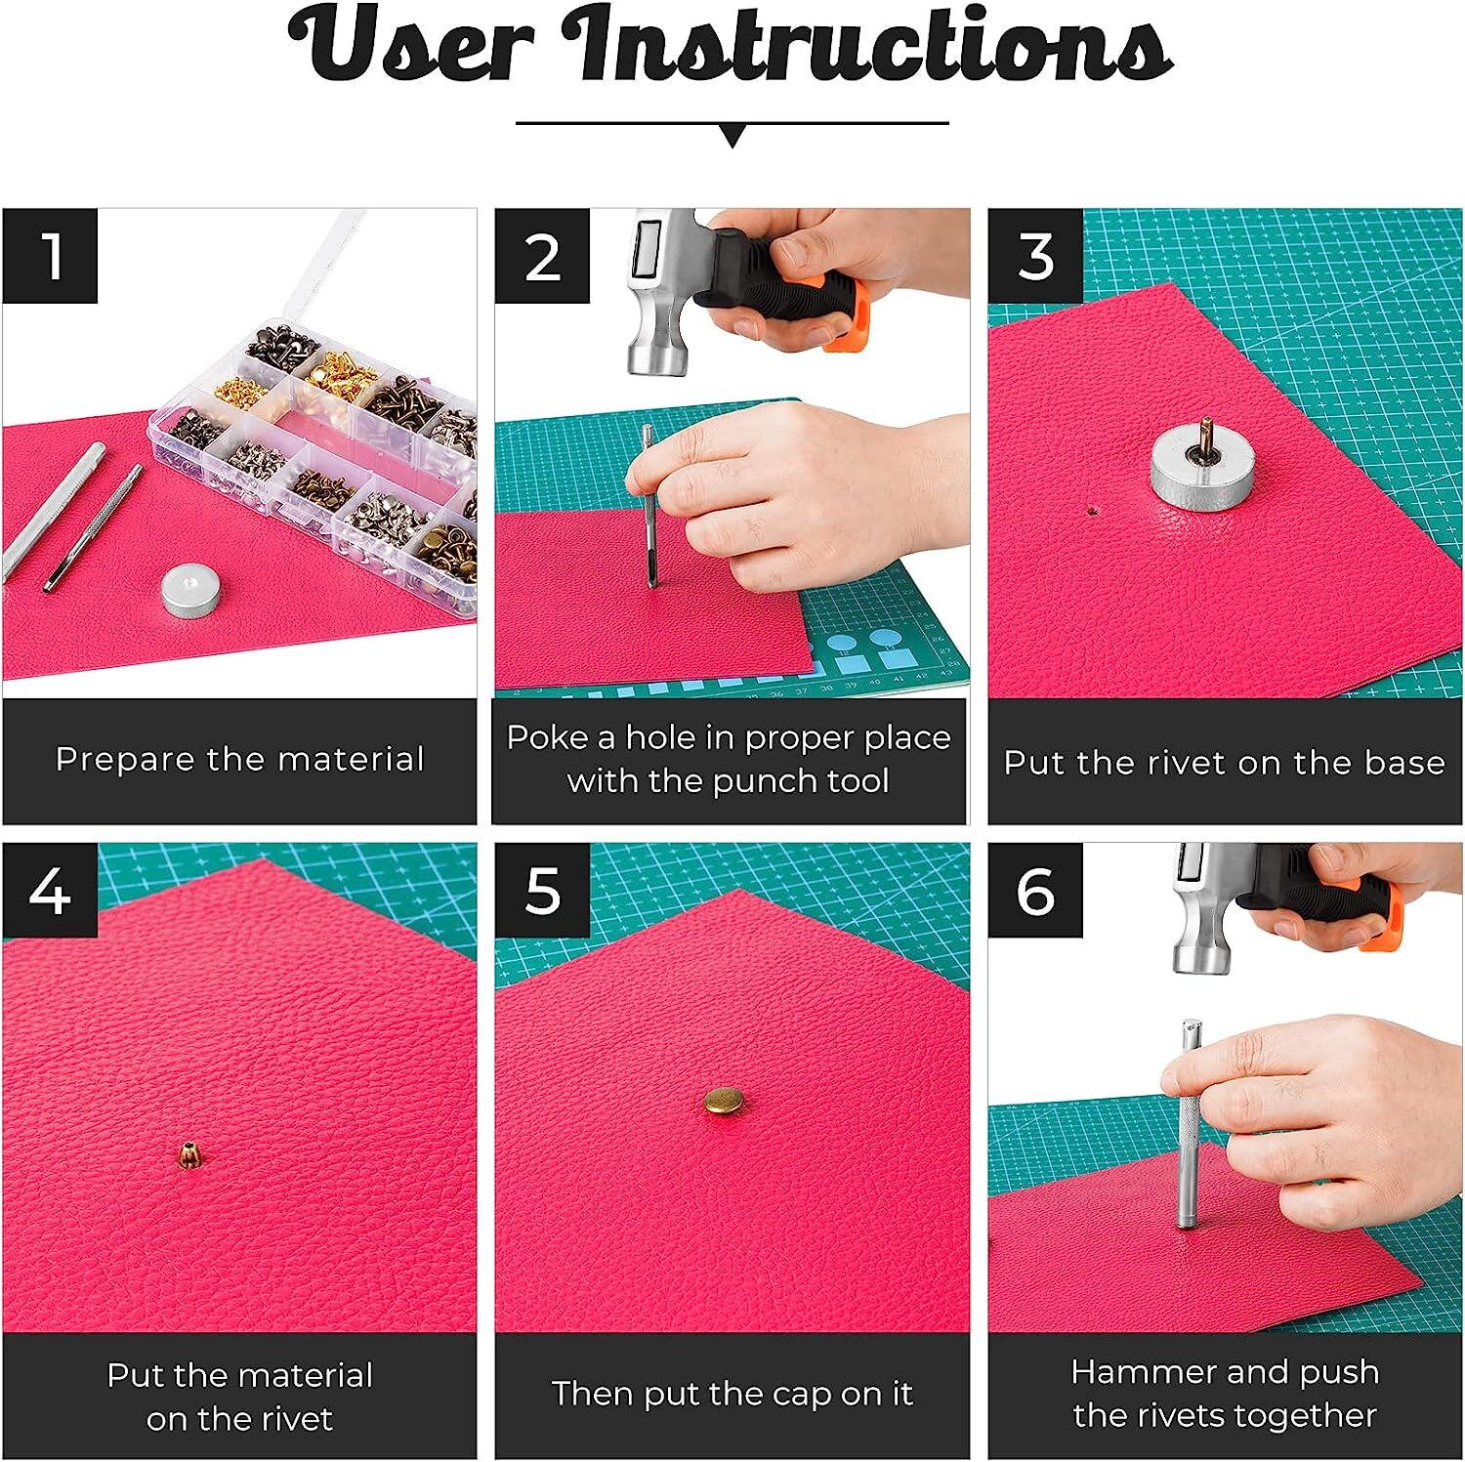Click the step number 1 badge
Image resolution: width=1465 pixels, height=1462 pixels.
(x=51, y=256)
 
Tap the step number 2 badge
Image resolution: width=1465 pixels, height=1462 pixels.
(x=543, y=256)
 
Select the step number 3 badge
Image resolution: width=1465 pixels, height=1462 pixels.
(x=1035, y=256)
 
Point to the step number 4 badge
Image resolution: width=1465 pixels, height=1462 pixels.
(x=51, y=890)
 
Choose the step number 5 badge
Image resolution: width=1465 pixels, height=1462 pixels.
(x=543, y=890)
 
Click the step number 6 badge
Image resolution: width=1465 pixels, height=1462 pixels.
(x=1035, y=890)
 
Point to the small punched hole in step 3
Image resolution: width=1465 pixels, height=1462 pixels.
(x=1091, y=510)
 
